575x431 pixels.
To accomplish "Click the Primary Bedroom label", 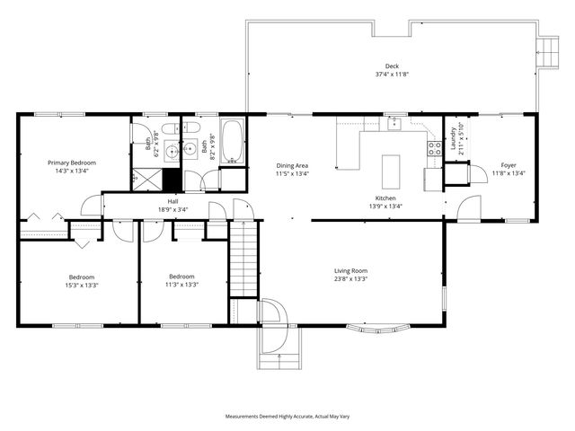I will (x=72, y=163).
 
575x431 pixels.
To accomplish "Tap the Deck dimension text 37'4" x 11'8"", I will (x=392, y=75).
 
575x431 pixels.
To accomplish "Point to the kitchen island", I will (x=390, y=170).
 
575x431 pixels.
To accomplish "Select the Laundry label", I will (x=453, y=138).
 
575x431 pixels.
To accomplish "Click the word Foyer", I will (x=509, y=164).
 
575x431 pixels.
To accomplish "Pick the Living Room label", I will (x=351, y=270).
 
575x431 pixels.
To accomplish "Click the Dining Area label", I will (x=292, y=165).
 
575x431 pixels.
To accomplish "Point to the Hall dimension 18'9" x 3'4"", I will (x=172, y=208).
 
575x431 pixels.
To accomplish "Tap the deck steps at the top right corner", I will (x=546, y=50).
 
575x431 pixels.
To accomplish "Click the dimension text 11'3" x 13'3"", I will (x=182, y=285).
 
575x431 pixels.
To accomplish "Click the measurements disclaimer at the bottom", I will (x=287, y=417).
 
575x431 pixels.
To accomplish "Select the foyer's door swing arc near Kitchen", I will (x=466, y=210).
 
